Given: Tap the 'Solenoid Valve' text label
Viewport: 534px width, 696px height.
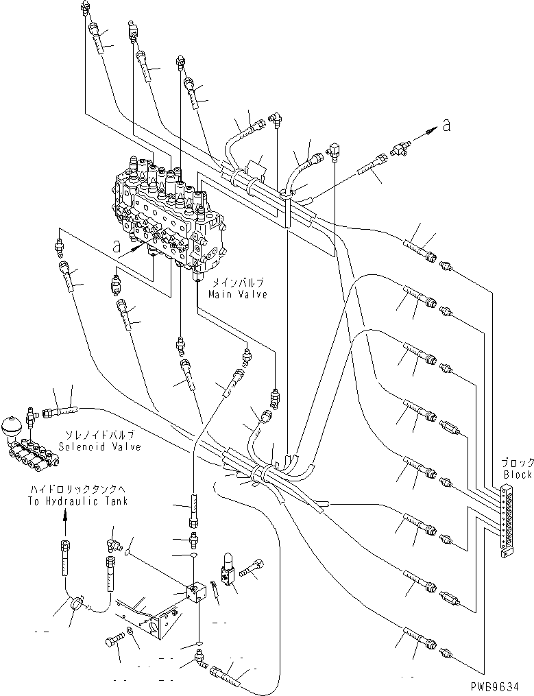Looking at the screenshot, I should (109, 446).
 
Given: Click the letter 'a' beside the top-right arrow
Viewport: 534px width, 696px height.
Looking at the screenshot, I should (447, 125).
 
